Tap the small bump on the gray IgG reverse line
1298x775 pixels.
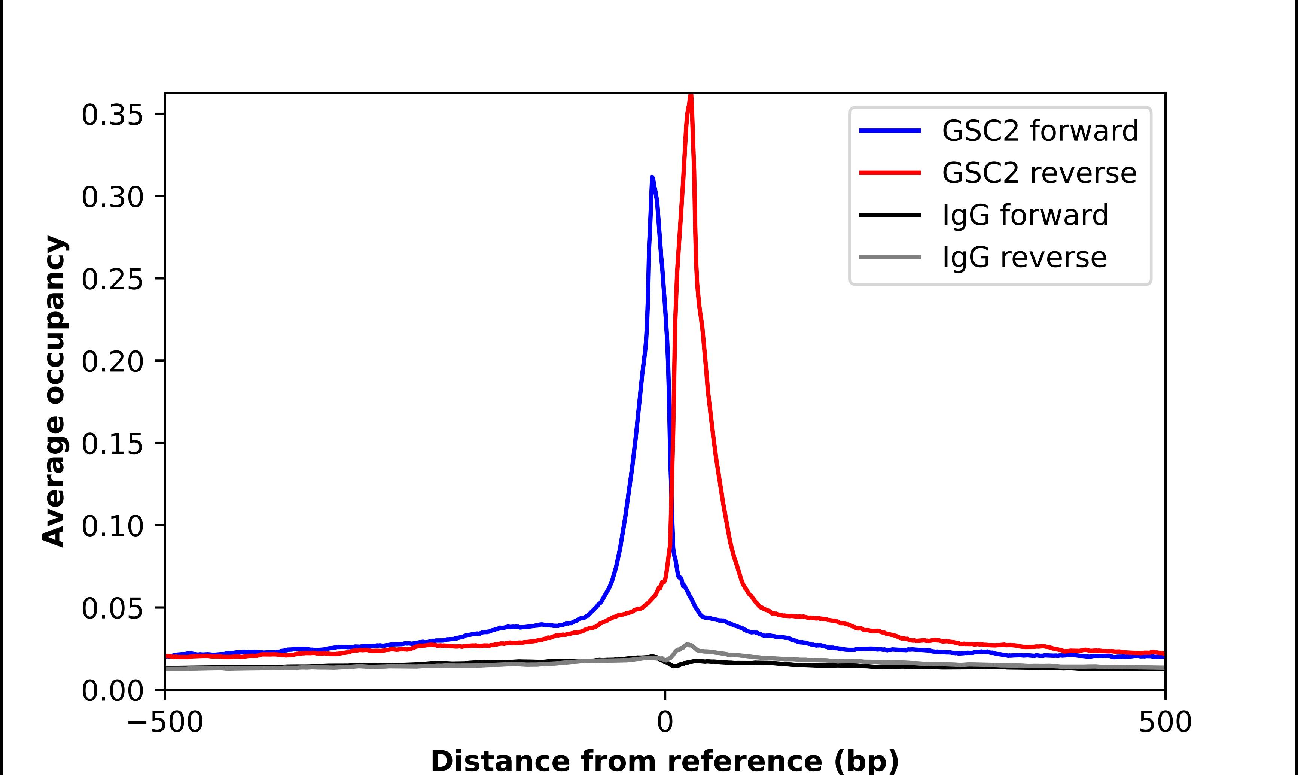(687, 644)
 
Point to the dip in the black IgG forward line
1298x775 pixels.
(675, 666)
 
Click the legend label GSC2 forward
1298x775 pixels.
(1040, 131)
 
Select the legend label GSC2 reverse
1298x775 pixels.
(1039, 173)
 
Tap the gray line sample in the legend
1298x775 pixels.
(890, 257)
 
